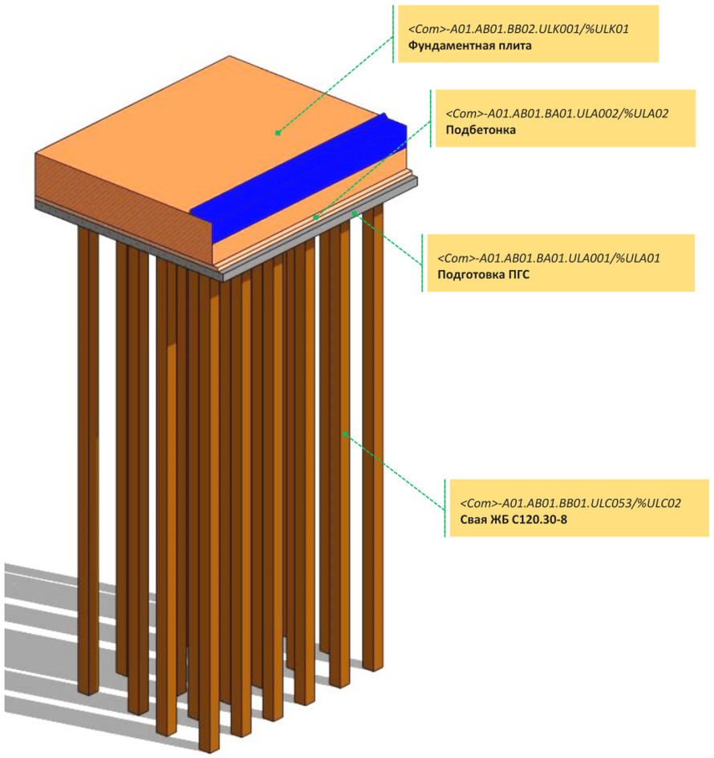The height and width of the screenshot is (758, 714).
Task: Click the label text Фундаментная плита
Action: pyautogui.click(x=470, y=46)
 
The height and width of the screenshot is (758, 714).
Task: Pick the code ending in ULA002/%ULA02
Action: pyautogui.click(x=556, y=114)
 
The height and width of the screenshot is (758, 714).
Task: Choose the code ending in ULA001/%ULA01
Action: pyautogui.click(x=548, y=259)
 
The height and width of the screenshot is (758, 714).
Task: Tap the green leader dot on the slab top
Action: pyautogui.click(x=278, y=133)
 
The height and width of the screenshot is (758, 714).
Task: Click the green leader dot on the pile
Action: pyautogui.click(x=345, y=433)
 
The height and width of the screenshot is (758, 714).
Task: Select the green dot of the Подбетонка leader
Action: pyautogui.click(x=316, y=216)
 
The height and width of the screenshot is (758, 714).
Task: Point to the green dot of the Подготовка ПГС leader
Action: pyautogui.click(x=354, y=213)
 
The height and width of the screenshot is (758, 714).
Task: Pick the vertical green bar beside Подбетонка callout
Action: pyautogui.click(x=431, y=118)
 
